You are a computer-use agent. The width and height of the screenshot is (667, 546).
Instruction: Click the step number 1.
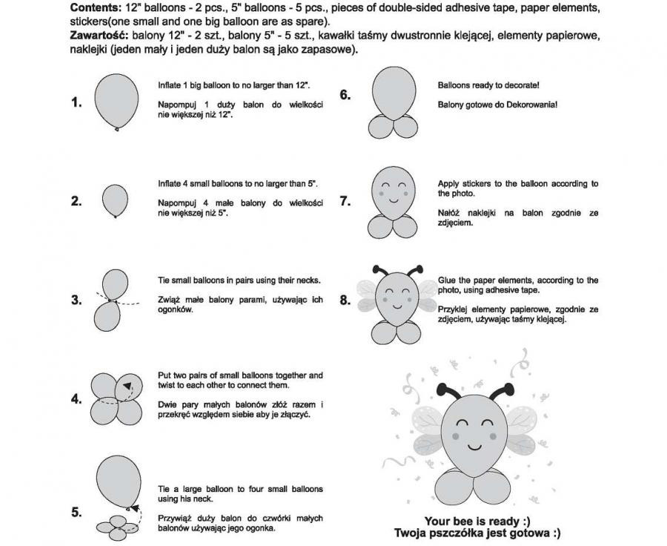(76, 102)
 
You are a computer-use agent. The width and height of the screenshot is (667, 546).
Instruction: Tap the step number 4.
(76, 398)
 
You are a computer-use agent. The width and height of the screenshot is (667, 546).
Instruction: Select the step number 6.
(345, 94)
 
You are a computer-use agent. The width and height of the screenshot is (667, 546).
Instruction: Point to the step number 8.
(345, 300)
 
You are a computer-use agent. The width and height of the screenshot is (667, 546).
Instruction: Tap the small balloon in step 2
(114, 200)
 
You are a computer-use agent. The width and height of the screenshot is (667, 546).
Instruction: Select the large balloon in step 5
(119, 479)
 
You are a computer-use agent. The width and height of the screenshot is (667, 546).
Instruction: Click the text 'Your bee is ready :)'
(477, 521)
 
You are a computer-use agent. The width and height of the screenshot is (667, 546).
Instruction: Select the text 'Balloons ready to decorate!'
(488, 85)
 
